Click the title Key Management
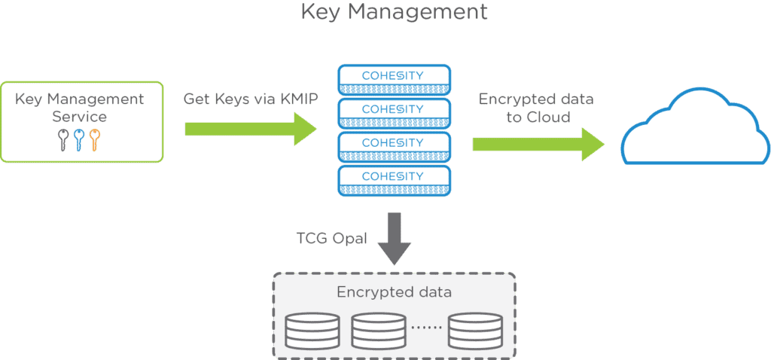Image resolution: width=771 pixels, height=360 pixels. coord(393,13)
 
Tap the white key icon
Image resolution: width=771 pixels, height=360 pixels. coord(64,139)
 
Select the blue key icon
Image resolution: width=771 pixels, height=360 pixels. coord(79,139)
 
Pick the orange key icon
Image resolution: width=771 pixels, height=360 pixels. coord(94,139)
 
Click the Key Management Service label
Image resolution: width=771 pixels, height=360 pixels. coord(81,108)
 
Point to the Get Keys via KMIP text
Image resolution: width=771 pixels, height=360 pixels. coord(250,99)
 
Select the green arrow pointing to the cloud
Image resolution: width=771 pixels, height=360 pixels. coord(538,144)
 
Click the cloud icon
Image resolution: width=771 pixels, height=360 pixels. coord(694,130)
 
